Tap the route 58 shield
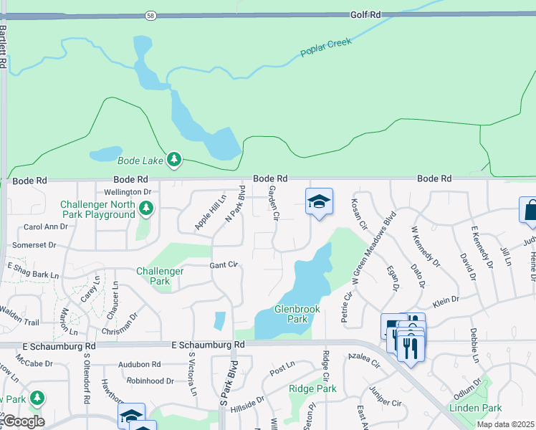tap(150, 14)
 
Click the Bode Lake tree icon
tap(174, 159)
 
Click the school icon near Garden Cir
tap(319, 201)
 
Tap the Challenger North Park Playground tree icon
tap(146, 208)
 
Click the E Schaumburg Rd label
tap(209, 345)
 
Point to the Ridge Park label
tap(312, 388)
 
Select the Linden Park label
tap(475, 408)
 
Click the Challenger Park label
tap(160, 276)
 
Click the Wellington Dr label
tap(128, 192)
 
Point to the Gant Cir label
tap(223, 265)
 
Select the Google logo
tap(23, 421)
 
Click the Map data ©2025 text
tap(505, 424)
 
